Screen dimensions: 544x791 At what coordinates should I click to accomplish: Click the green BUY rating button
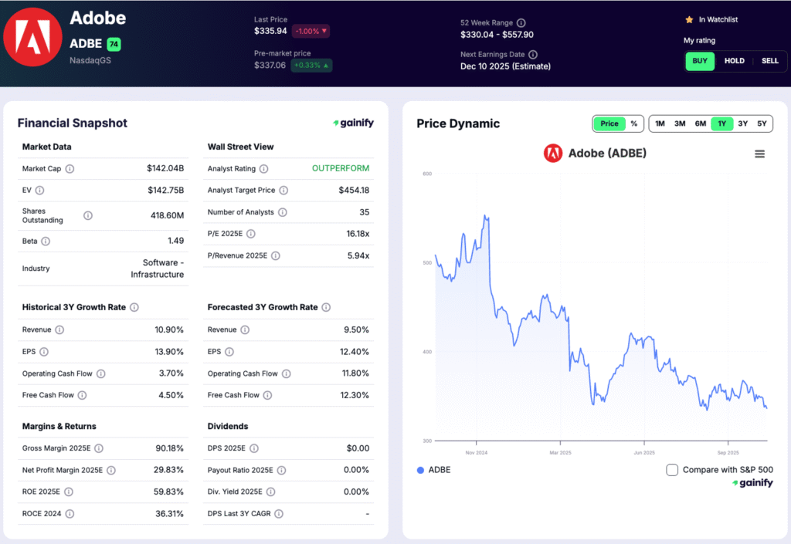point(699,61)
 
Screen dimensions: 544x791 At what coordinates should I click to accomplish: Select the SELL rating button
point(770,61)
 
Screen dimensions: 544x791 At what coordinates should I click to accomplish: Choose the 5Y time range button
point(762,123)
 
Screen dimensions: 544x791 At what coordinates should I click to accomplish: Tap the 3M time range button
point(680,123)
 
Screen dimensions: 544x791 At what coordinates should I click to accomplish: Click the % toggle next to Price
point(634,123)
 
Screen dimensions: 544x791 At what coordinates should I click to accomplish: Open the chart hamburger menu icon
point(759,154)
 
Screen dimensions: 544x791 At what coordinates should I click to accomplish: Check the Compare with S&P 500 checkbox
point(672,470)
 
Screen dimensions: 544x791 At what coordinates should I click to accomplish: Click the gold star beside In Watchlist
point(689,19)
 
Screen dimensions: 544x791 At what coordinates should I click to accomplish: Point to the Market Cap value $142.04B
point(165,168)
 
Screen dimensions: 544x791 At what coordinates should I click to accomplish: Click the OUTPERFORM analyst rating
point(341,168)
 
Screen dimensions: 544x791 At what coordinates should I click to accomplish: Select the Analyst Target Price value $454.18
point(354,190)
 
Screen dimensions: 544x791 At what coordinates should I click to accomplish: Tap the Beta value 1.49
point(175,241)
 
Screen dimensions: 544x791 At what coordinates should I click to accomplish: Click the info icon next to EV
point(39,190)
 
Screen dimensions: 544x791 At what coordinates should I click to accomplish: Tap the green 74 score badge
point(114,44)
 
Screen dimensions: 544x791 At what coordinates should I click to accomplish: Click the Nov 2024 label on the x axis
point(476,452)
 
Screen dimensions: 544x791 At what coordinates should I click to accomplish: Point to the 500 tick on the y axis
point(426,262)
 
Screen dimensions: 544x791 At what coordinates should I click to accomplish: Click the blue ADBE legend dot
point(420,470)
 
